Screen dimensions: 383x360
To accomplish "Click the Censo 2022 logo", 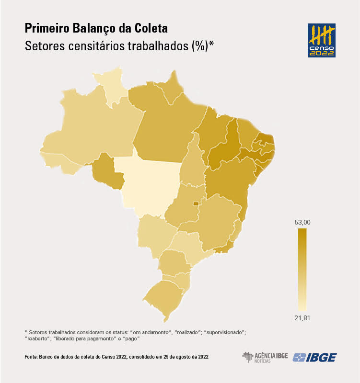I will [x=321, y=40].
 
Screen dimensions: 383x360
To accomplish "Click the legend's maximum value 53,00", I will [x=303, y=222].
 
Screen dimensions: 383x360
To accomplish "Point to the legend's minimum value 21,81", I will [x=303, y=318].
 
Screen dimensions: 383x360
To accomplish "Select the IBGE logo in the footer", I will [x=315, y=357].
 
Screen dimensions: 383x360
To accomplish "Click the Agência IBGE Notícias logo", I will [x=265, y=357].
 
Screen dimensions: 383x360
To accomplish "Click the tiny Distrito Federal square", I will [x=196, y=204].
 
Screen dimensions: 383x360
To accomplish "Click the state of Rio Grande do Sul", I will [x=165, y=297].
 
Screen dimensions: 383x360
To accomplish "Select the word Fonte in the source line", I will [x=33, y=357].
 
